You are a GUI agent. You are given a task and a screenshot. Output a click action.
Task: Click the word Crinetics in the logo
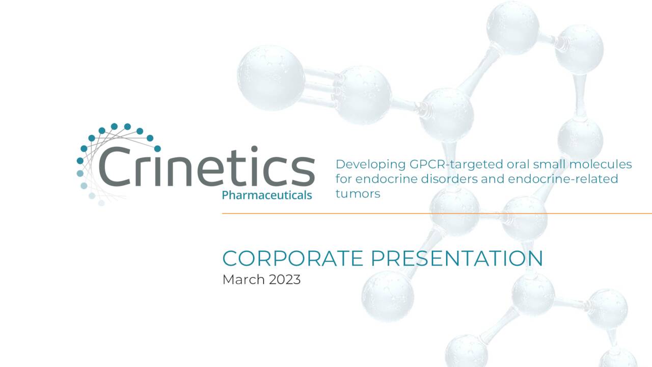point(206,167)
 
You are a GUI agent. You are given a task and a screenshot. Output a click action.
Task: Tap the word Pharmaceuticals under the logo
point(267,195)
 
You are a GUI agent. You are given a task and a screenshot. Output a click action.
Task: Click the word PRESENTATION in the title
point(456,258)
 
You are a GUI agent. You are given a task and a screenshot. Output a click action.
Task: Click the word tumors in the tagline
point(358,194)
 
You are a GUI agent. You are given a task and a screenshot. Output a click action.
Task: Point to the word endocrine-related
point(563,179)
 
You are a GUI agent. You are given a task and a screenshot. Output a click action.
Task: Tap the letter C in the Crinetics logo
point(116,167)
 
